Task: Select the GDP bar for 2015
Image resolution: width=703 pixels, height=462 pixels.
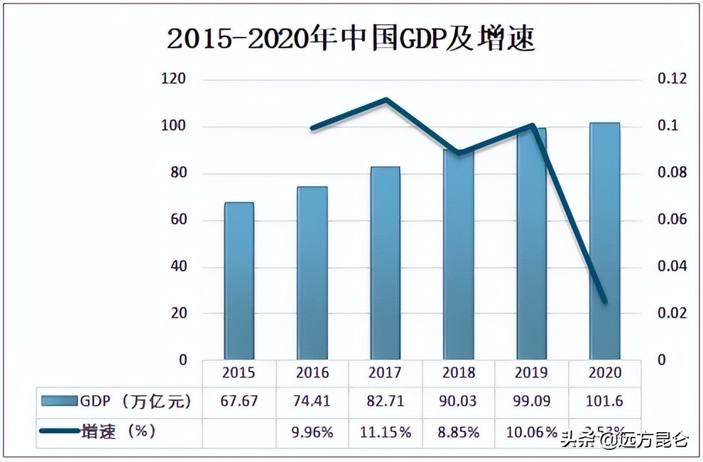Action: (239, 281)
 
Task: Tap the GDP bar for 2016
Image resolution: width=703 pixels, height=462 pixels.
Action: (312, 273)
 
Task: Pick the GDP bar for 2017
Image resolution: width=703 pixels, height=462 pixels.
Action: (385, 263)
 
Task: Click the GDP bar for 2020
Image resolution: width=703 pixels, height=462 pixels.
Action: (604, 241)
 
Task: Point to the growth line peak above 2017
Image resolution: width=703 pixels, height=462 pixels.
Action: (386, 100)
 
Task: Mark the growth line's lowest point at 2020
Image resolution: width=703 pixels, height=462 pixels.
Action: (604, 301)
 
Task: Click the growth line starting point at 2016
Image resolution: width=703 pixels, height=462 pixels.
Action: (312, 129)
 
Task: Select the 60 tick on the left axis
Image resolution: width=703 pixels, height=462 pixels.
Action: (178, 220)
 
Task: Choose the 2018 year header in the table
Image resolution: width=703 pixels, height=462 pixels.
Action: (458, 372)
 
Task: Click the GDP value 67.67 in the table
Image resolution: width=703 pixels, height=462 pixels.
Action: (239, 401)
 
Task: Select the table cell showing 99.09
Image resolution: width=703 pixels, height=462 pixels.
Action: (531, 401)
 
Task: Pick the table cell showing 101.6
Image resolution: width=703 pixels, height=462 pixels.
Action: (604, 401)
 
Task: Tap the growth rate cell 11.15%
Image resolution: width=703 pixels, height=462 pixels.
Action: (385, 431)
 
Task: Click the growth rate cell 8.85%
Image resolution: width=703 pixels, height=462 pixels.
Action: (458, 431)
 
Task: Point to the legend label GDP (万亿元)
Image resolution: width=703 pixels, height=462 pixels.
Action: (136, 401)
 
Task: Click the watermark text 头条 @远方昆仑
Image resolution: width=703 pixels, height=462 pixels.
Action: (623, 440)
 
